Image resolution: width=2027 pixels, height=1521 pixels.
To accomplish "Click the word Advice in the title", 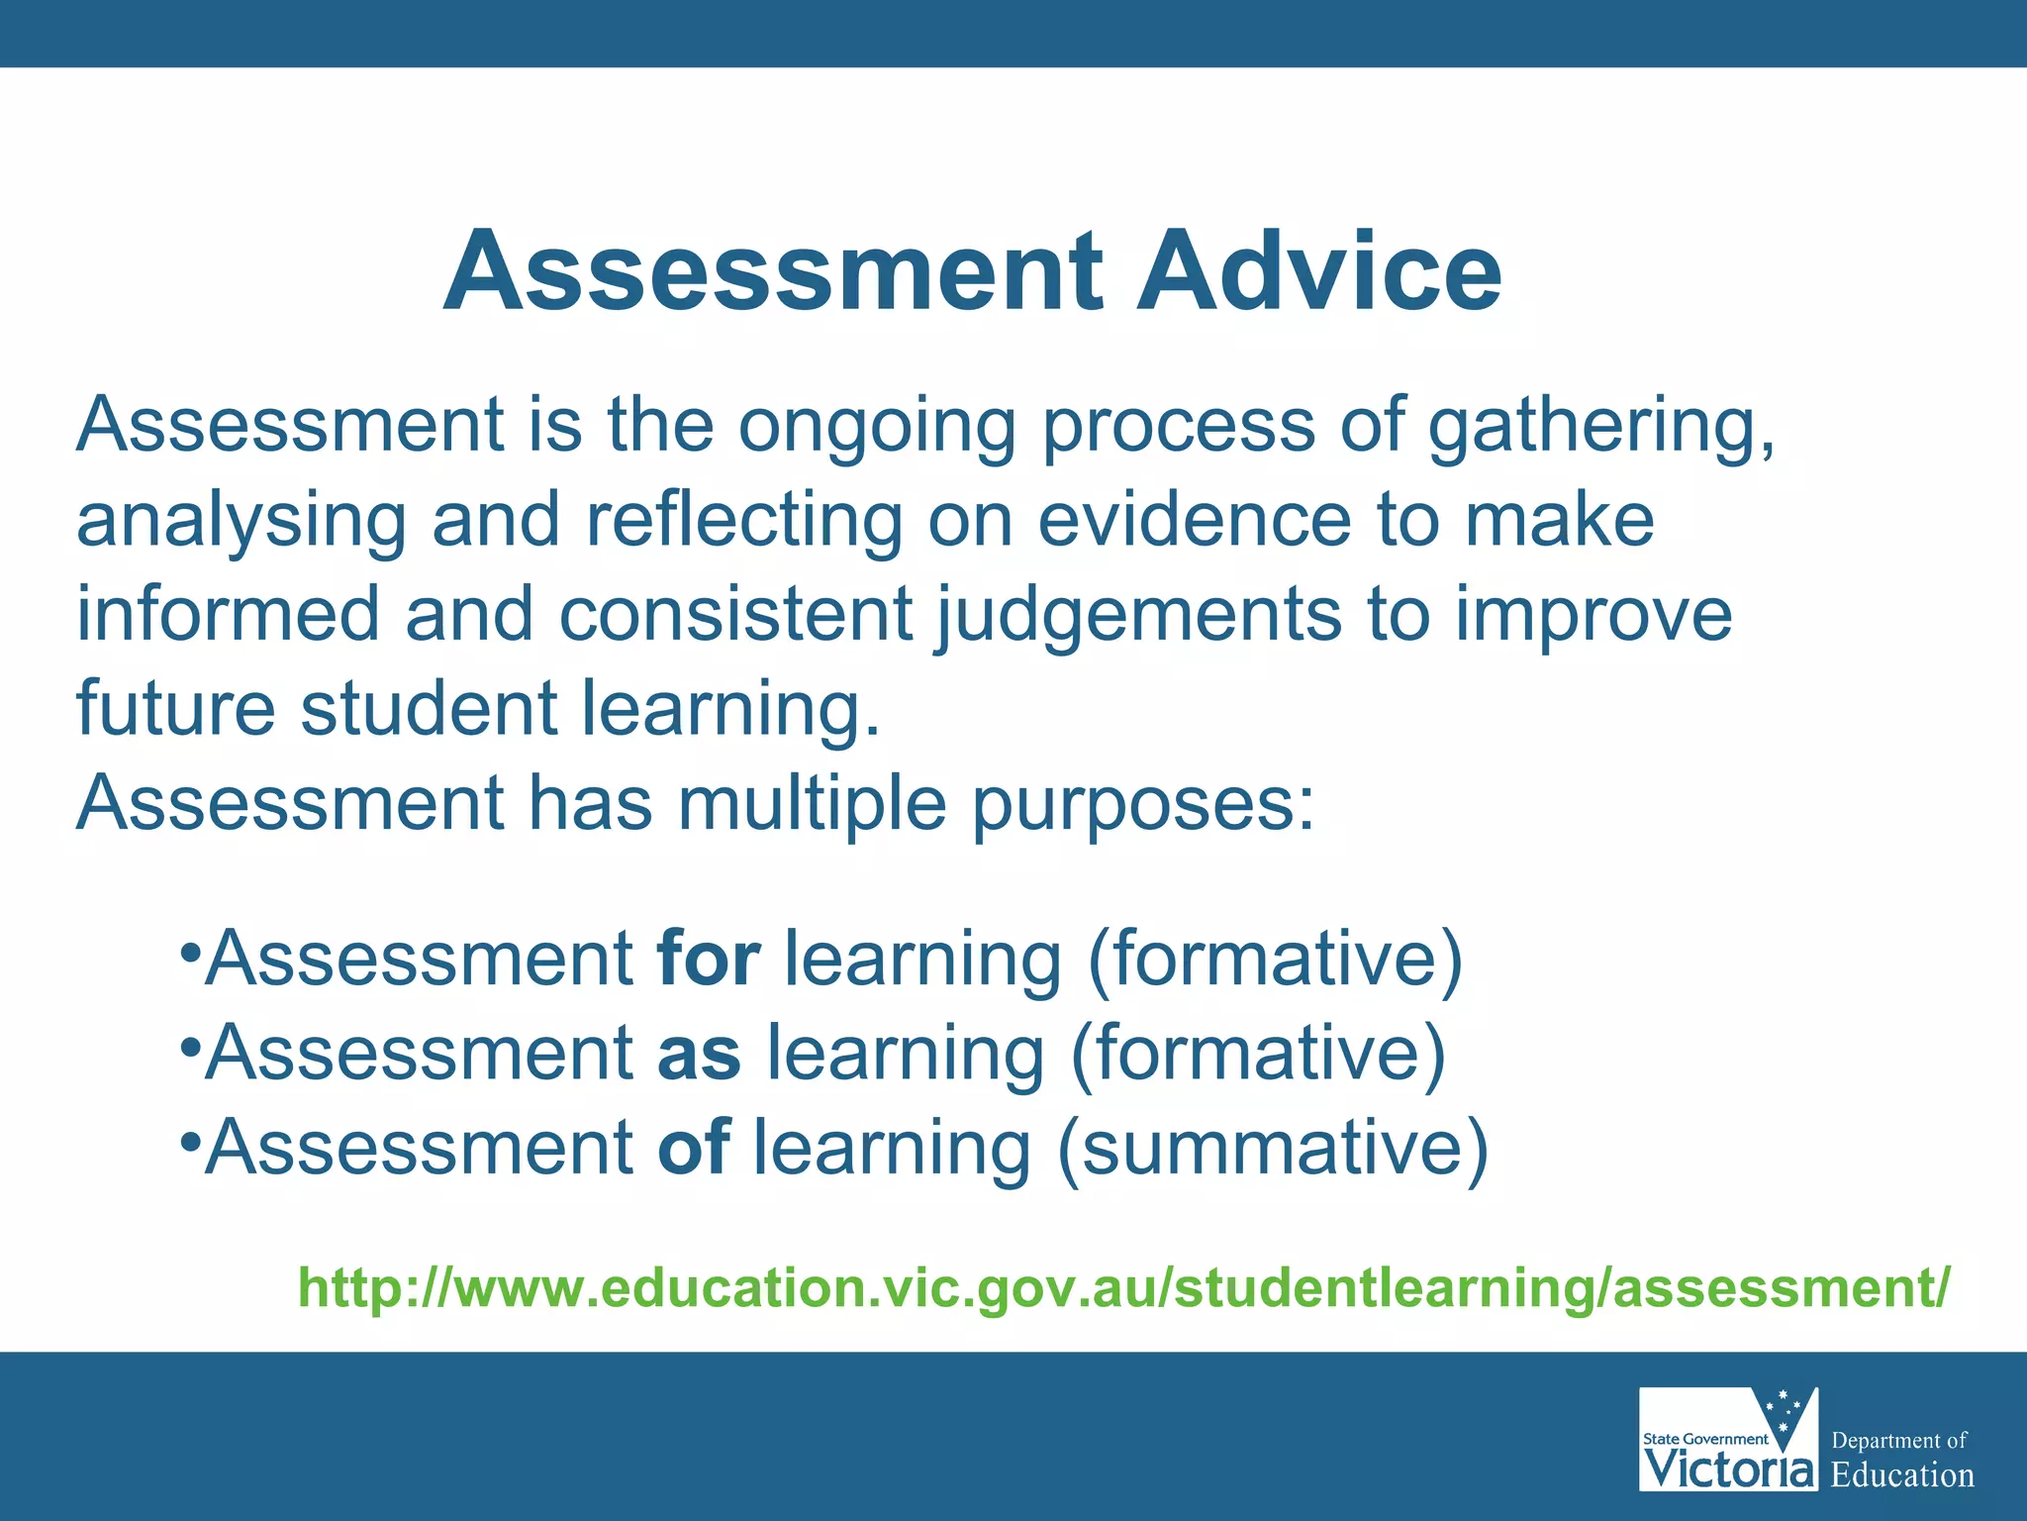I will [x=1318, y=271].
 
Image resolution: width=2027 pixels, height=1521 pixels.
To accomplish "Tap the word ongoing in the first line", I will [x=877, y=428].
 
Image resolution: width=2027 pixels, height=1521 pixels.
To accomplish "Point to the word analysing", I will [x=241, y=523].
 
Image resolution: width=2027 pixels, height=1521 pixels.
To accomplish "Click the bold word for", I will [x=709, y=959].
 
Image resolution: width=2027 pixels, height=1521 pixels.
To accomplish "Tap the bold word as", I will [x=699, y=1054].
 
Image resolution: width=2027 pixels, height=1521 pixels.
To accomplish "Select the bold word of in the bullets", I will [x=694, y=1147].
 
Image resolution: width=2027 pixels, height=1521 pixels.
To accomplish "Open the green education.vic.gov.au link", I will [x=1123, y=1287].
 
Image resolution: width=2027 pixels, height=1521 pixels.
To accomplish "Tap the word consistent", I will [x=734, y=614].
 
